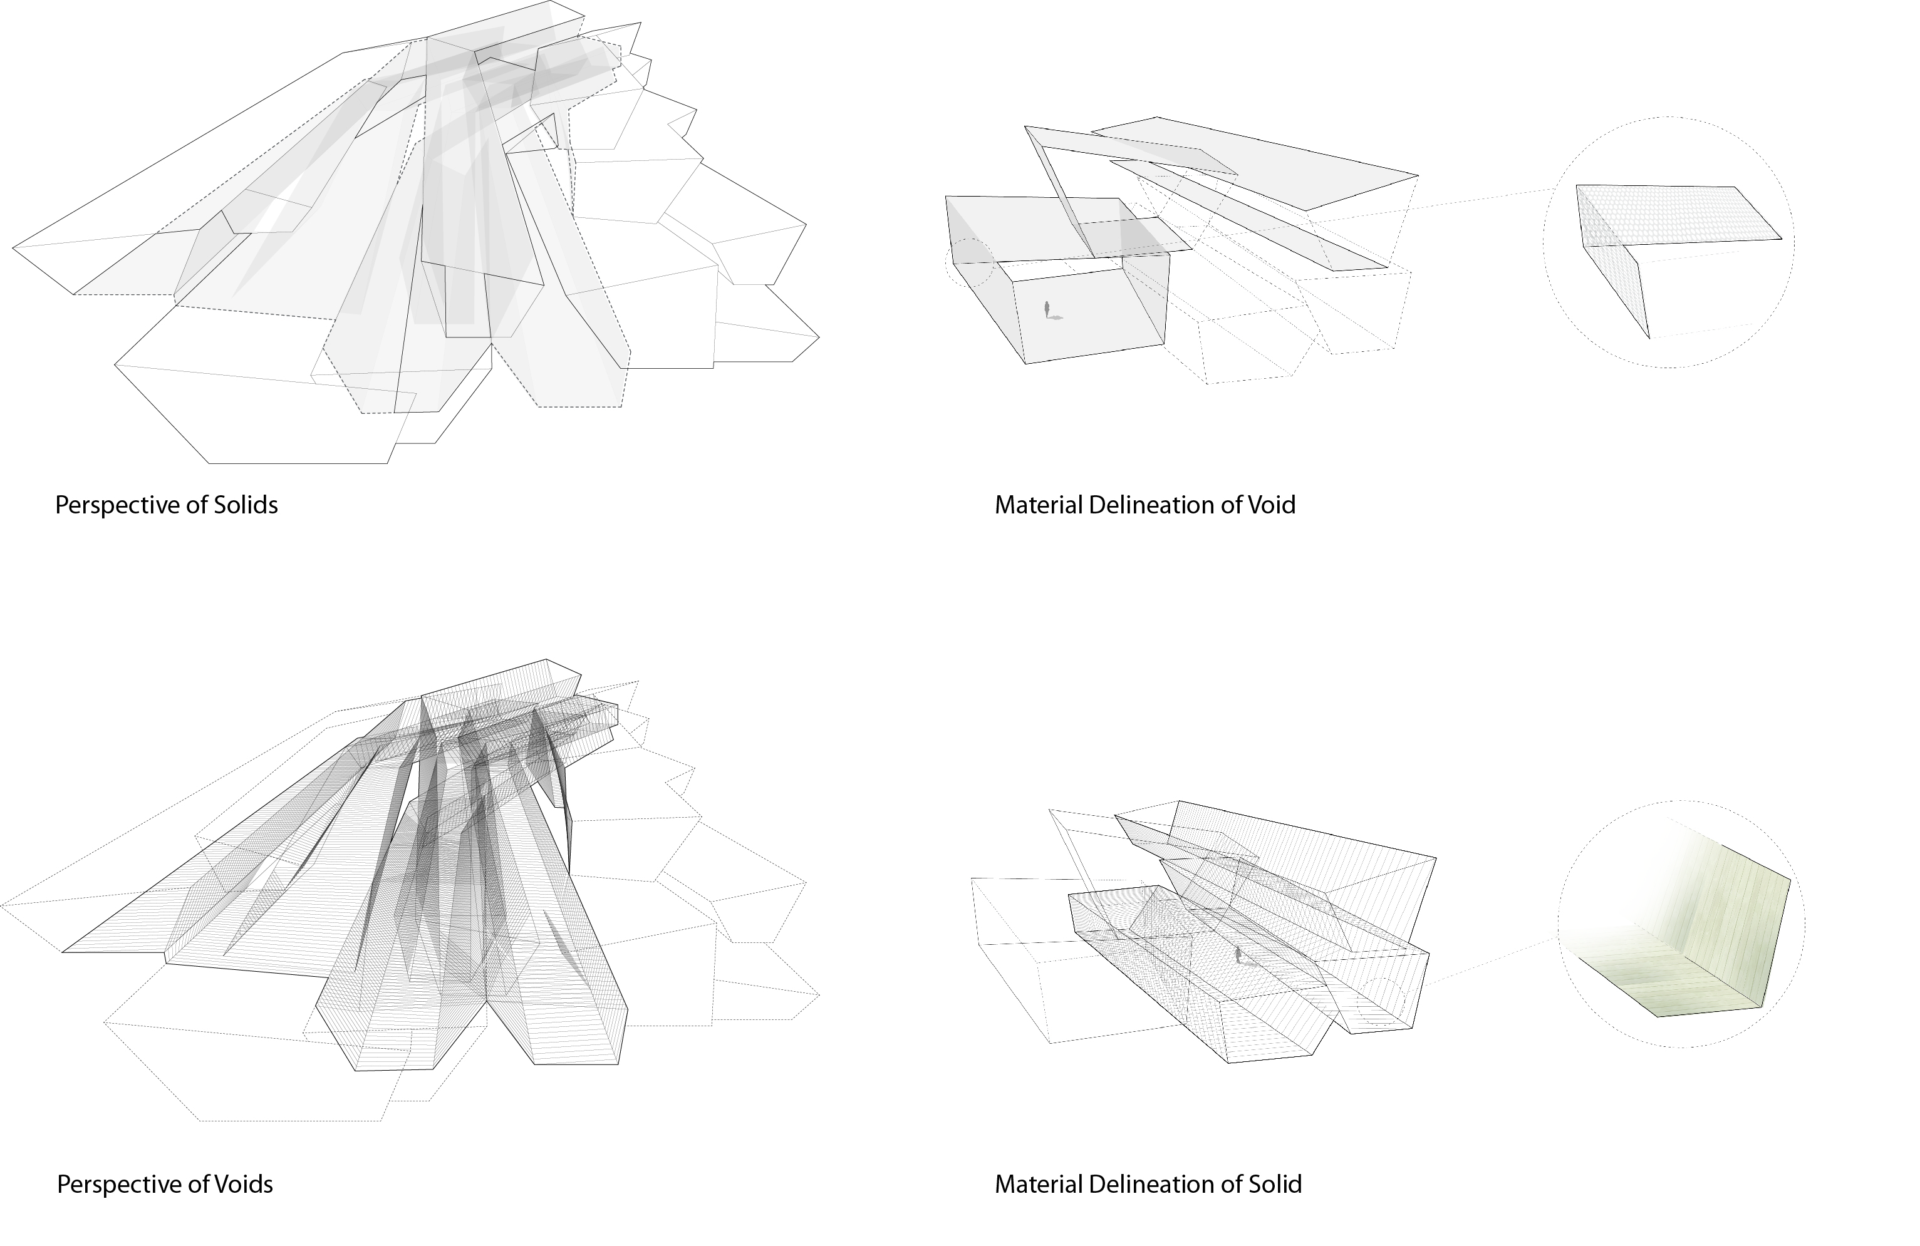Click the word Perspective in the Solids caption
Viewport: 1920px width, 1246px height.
tap(118, 507)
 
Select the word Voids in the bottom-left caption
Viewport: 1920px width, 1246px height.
tap(243, 1185)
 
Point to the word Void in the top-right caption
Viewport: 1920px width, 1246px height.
tap(1272, 505)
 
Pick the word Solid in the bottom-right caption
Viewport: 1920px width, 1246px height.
tap(1275, 1185)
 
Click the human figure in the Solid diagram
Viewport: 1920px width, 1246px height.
tap(1240, 957)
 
